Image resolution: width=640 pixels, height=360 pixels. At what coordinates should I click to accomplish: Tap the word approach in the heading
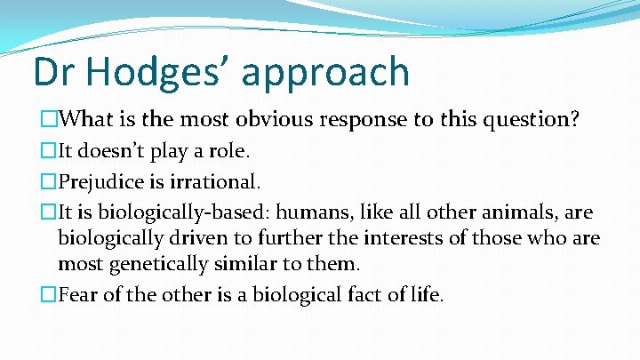coord(326,73)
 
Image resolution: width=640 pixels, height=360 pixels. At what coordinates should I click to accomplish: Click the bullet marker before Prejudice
coord(49,182)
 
